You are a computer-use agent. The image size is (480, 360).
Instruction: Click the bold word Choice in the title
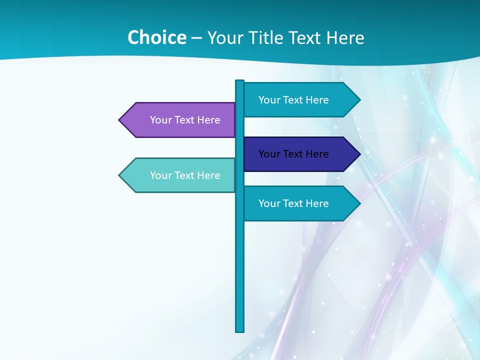pos(156,37)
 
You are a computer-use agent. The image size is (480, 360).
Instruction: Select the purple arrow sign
pos(177,120)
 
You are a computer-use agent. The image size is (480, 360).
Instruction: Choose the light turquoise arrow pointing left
pos(177,175)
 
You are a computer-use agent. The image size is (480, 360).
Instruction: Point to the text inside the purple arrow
pos(185,120)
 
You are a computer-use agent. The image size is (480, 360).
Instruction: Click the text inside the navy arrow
pos(293,154)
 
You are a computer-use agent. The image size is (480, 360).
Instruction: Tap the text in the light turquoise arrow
pos(185,175)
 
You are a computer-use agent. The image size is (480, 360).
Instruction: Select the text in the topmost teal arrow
pos(293,100)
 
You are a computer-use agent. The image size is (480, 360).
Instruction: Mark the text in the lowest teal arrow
pos(293,203)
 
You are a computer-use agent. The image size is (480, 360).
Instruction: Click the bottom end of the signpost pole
pos(240,329)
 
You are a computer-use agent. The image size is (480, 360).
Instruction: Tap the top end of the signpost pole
pos(240,82)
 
